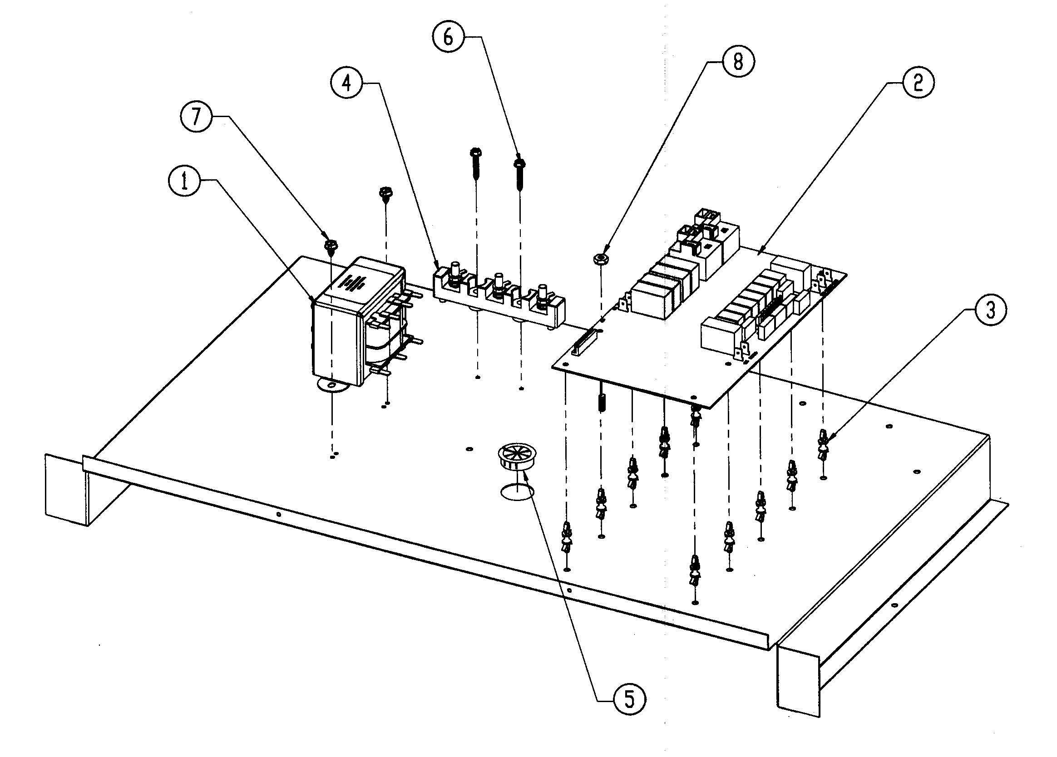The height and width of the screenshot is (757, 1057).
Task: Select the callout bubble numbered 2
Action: coord(918,84)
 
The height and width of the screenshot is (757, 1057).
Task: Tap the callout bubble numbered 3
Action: coord(990,310)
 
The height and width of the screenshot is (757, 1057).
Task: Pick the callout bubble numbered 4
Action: coord(347,84)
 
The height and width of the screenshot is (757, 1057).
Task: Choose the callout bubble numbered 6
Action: coord(448,37)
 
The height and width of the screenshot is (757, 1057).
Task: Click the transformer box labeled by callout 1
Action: coord(354,321)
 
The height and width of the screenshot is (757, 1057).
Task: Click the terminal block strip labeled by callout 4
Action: coord(499,303)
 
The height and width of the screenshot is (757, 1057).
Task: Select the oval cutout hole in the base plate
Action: coord(517,492)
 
